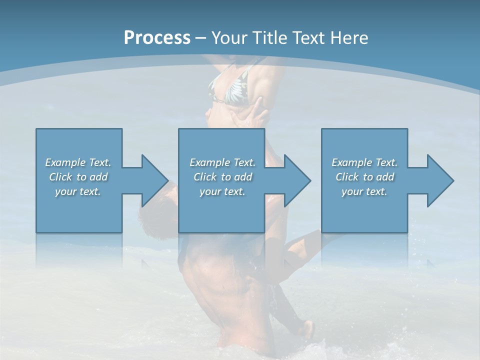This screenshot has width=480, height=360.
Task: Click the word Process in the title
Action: pyautogui.click(x=157, y=38)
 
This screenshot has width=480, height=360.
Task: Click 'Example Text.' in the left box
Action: pyautogui.click(x=78, y=162)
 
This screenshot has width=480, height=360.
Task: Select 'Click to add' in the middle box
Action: pyautogui.click(x=222, y=177)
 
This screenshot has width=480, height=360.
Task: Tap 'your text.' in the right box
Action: pyautogui.click(x=364, y=191)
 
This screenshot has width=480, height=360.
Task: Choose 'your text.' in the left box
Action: pyautogui.click(x=78, y=191)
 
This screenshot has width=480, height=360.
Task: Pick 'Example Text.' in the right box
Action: pyautogui.click(x=364, y=162)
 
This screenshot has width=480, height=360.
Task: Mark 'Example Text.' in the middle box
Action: pyautogui.click(x=222, y=162)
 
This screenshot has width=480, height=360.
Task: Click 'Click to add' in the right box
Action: pyautogui.click(x=364, y=177)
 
